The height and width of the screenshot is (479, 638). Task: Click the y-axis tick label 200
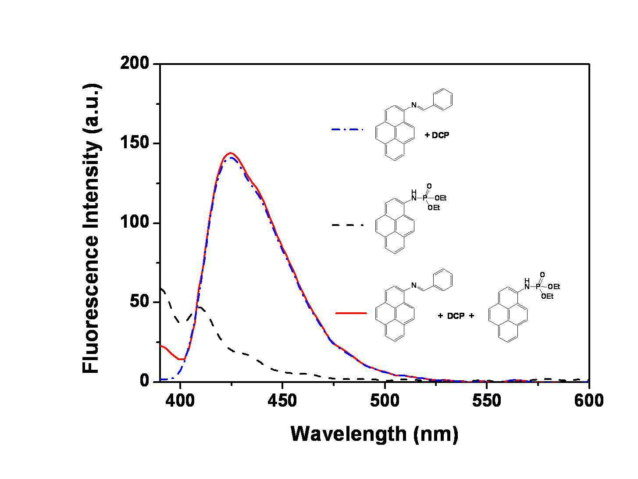tap(134, 63)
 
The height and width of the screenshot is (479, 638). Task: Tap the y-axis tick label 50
tap(139, 301)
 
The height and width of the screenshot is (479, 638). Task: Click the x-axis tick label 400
tap(181, 400)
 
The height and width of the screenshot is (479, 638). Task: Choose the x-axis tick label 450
tap(282, 400)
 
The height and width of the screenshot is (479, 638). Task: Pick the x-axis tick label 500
tap(385, 400)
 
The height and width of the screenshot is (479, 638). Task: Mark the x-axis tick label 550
tap(487, 400)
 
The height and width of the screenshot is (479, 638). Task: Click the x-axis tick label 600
tap(589, 400)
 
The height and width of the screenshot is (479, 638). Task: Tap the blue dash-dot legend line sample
tap(347, 129)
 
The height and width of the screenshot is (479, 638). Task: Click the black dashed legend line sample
tap(347, 225)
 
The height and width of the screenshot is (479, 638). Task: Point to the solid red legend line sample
tap(351, 313)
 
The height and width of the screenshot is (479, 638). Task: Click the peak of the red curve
tap(231, 153)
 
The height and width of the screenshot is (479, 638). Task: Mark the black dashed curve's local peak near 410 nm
tap(200, 307)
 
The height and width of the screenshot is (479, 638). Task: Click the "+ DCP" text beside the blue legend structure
tap(437, 135)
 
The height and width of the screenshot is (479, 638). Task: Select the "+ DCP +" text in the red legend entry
tap(456, 316)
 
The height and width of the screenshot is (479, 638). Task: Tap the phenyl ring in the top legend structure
tap(443, 100)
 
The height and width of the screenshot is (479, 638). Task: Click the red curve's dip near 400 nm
tap(181, 359)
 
